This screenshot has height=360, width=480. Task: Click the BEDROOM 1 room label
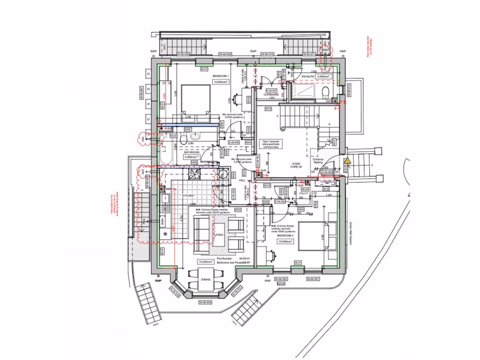tap(220, 76)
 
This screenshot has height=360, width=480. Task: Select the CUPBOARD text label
tap(271, 95)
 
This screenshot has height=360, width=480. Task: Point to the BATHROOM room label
tap(192, 152)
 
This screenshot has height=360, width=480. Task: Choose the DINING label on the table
tap(206, 279)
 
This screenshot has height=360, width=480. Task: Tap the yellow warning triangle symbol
tap(347, 161)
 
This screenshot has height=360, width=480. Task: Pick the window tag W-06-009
tap(183, 55)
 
